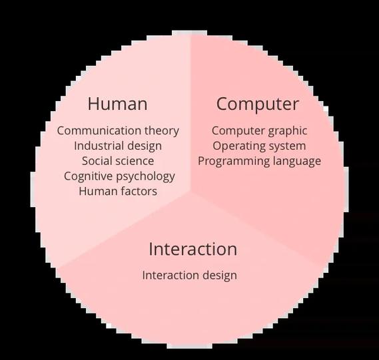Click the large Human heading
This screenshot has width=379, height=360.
tap(117, 104)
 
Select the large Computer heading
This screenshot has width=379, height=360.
tap(258, 104)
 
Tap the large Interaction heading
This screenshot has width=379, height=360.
tap(193, 249)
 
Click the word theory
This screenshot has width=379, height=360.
tap(162, 131)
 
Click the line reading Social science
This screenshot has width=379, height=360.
tap(118, 161)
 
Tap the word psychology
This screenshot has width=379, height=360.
tap(145, 176)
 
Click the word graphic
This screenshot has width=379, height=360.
tap(288, 131)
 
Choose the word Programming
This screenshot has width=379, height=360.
tap(234, 162)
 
